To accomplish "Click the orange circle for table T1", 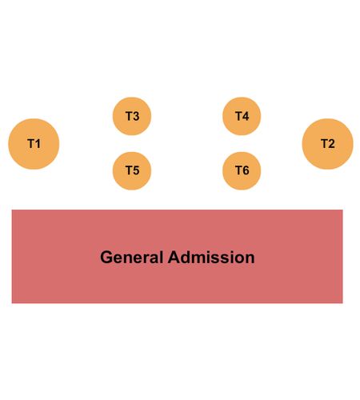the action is [x=34, y=144].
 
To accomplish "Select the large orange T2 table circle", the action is [x=327, y=144].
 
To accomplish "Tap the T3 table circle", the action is [x=132, y=116].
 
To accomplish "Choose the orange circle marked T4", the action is [x=242, y=116].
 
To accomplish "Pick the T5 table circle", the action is [x=132, y=171].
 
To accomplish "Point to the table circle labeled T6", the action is [x=242, y=171].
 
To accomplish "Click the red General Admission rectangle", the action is [x=177, y=256].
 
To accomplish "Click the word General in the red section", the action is [x=131, y=258].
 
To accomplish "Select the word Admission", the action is [x=211, y=258].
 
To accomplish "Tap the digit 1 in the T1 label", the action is [x=38, y=144].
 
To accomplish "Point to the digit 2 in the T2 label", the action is [x=331, y=144].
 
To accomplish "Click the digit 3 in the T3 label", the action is [x=136, y=116].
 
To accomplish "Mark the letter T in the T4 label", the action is [x=238, y=116].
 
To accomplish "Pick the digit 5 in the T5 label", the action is [x=136, y=170].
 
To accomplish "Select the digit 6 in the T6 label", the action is [x=246, y=170].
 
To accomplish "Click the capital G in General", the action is [x=106, y=258].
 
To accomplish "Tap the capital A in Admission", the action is [x=174, y=258].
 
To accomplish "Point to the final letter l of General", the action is [x=161, y=258].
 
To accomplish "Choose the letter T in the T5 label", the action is [x=129, y=170].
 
